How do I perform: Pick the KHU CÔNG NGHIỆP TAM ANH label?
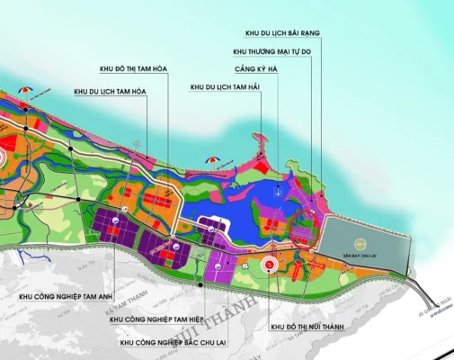53,295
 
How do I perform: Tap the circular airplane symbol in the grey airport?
359,242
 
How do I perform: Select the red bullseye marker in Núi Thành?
267,265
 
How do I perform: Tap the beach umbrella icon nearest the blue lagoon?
212,161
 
